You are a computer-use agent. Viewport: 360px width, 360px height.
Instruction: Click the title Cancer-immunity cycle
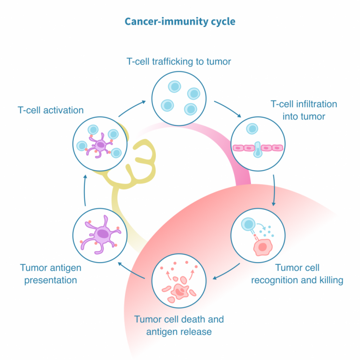(180, 22)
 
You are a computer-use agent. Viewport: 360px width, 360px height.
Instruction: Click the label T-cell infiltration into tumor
(304, 110)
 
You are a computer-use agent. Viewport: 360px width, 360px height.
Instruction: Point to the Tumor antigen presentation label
(51, 273)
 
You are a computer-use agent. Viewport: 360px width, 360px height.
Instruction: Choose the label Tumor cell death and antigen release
(179, 325)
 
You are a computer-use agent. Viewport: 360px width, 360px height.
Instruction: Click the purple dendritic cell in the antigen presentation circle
(102, 235)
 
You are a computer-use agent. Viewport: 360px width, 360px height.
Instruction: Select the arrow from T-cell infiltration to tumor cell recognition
(274, 190)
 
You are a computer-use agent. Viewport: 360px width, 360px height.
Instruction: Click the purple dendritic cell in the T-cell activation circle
(101, 144)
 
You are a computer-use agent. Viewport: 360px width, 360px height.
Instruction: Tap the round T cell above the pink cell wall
(251, 129)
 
